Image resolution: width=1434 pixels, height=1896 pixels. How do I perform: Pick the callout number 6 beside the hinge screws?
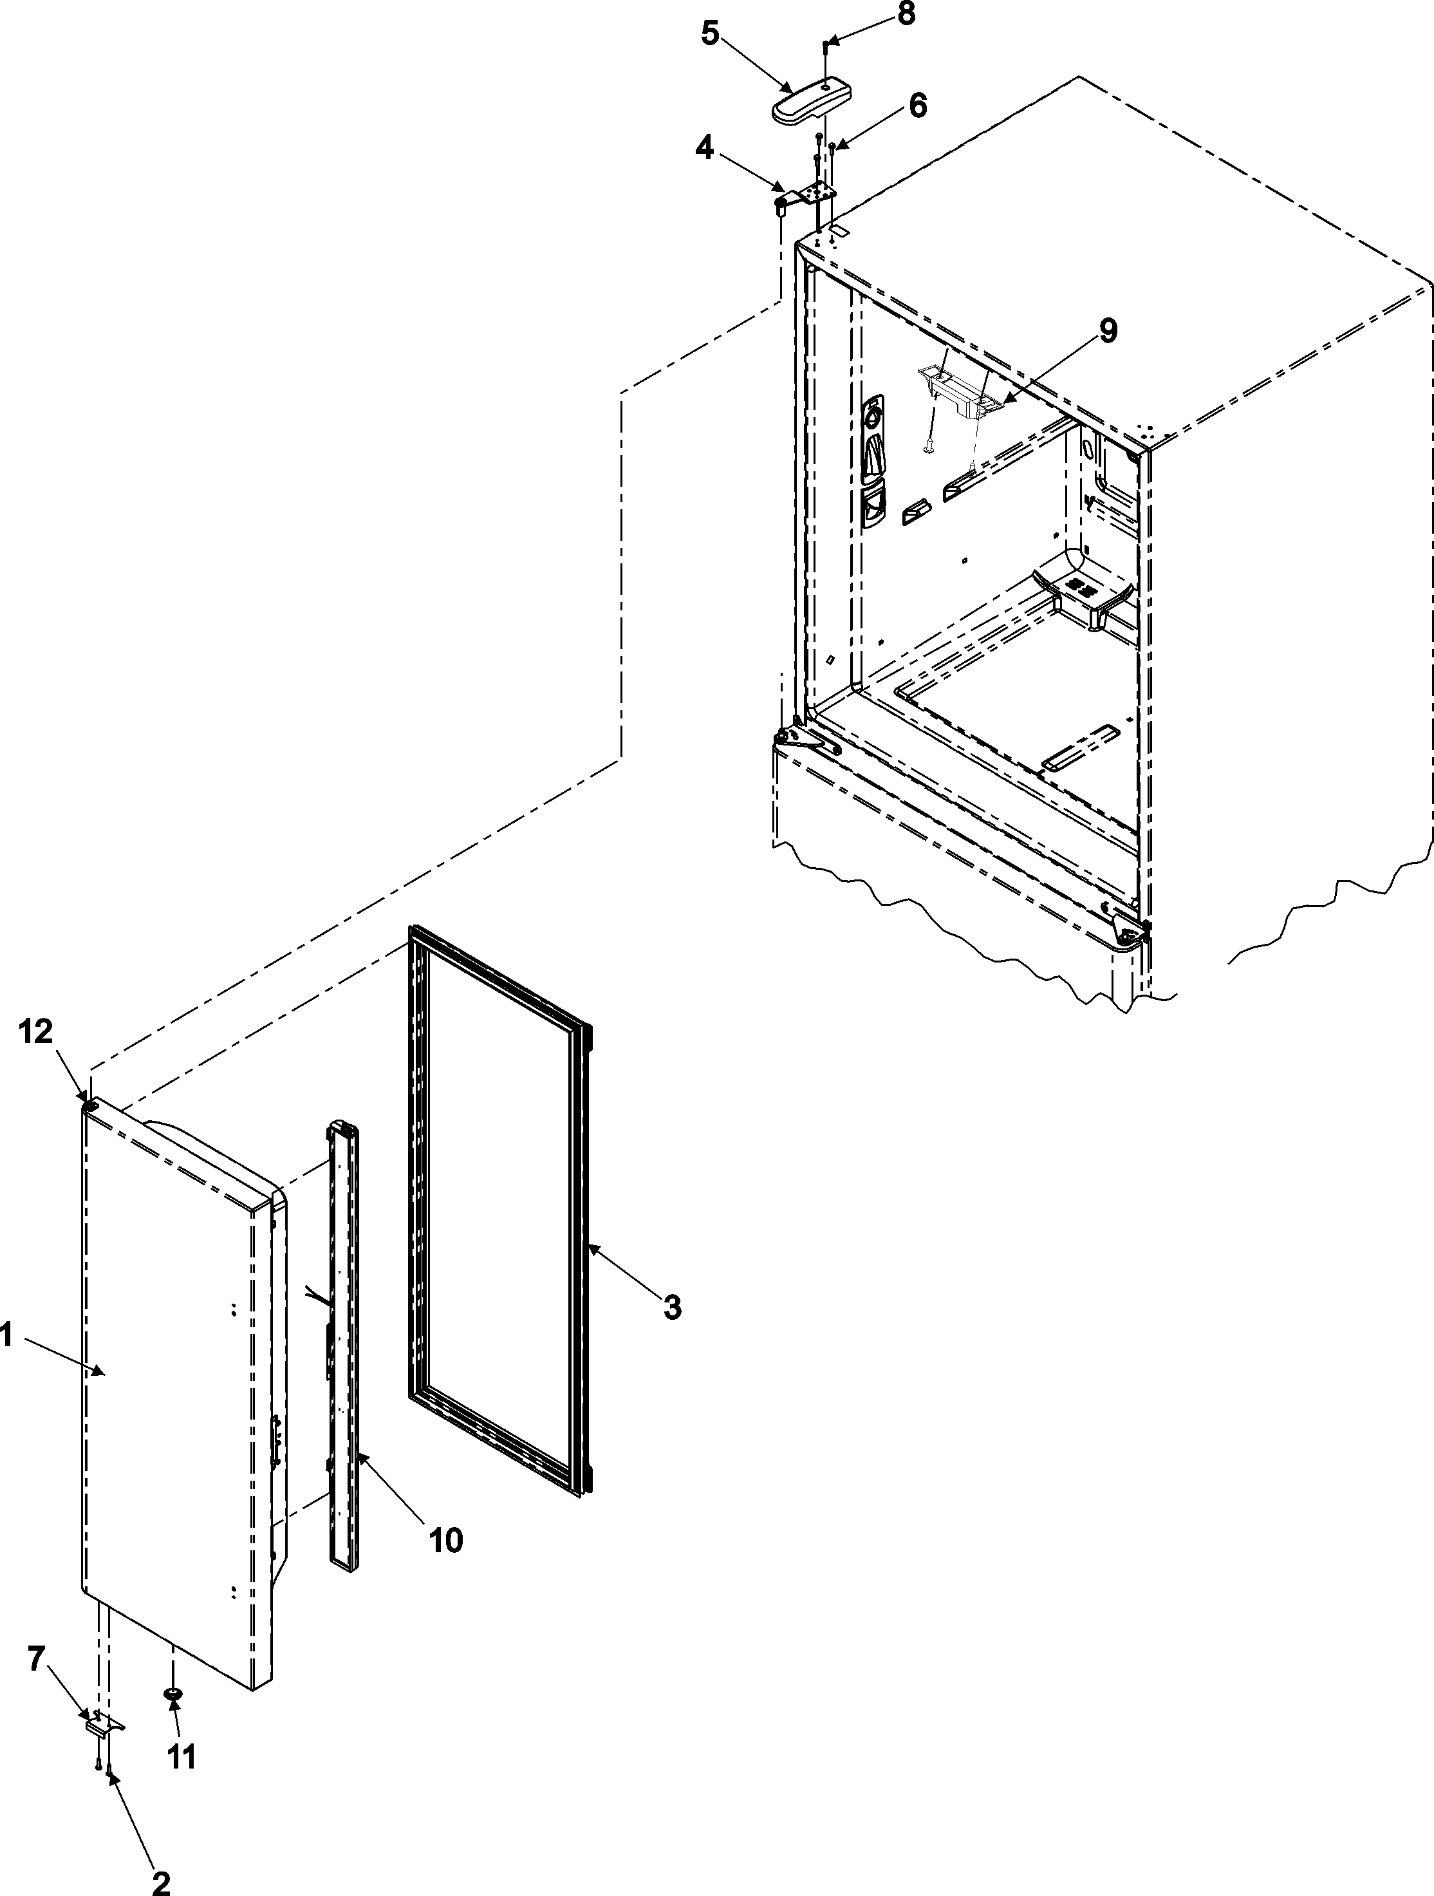(x=917, y=106)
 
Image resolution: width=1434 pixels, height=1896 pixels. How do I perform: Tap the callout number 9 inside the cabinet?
(x=1108, y=332)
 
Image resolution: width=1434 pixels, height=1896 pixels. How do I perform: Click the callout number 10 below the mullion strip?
(x=446, y=1540)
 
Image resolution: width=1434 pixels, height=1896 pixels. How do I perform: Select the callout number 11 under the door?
(x=181, y=1757)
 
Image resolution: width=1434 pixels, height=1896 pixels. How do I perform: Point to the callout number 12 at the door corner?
(x=36, y=1033)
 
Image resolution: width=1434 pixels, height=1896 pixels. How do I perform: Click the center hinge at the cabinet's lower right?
(x=1130, y=929)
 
